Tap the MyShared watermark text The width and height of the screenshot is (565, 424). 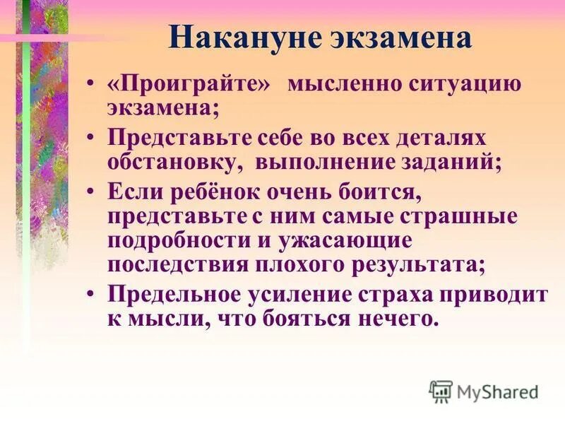coord(499,391)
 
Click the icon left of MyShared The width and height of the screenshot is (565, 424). coord(441,391)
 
